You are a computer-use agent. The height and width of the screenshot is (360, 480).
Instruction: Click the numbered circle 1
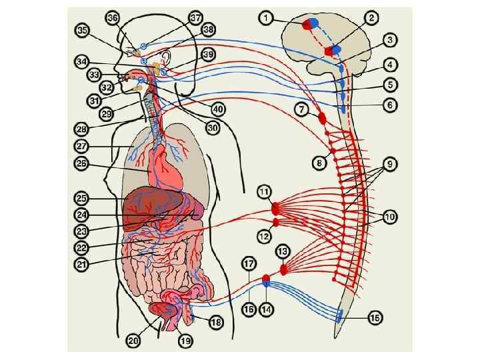pyautogui.click(x=267, y=19)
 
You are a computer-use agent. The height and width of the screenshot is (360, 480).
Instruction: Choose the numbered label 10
pyautogui.click(x=389, y=217)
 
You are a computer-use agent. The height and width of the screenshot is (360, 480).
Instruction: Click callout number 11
pyautogui.click(x=265, y=192)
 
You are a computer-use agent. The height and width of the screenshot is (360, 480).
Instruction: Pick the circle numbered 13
pyautogui.click(x=283, y=251)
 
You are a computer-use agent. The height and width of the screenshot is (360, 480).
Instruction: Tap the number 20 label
pyautogui.click(x=134, y=340)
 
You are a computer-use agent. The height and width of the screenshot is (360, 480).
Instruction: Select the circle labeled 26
pyautogui.click(x=81, y=163)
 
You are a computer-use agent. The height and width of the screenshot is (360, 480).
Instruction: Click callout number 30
pyautogui.click(x=212, y=127)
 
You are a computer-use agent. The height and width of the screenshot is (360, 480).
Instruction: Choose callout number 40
pyautogui.click(x=218, y=109)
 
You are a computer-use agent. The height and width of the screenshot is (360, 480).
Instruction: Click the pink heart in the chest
pyautogui.click(x=162, y=167)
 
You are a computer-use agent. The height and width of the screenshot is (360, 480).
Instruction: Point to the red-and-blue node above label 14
pyautogui.click(x=267, y=279)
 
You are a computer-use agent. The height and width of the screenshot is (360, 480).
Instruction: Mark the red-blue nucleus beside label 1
pyautogui.click(x=311, y=23)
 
